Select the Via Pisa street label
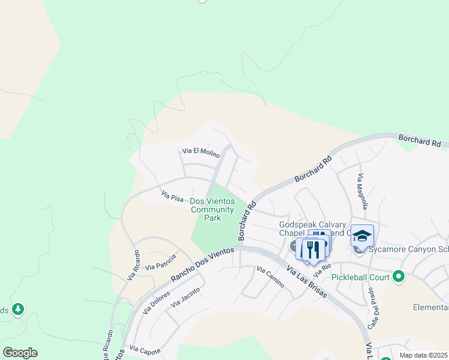click(x=172, y=196)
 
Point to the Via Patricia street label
click(x=160, y=262)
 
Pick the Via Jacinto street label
click(x=185, y=297)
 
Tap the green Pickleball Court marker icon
click(x=397, y=277)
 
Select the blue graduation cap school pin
click(x=362, y=236)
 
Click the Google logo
click(x=20, y=353)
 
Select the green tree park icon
click(x=18, y=309)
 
